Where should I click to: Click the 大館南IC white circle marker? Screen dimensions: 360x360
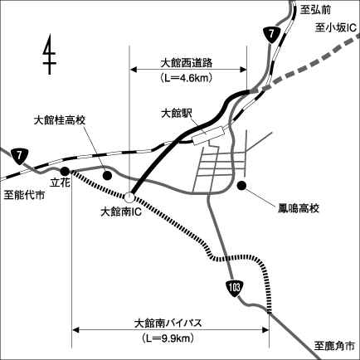click(x=129, y=197)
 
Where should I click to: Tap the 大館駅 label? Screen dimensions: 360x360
click(x=177, y=114)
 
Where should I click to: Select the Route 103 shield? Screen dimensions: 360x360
click(x=234, y=289)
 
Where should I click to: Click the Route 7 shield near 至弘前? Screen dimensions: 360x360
click(x=271, y=35)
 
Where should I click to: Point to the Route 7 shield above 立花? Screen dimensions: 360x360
click(x=20, y=156)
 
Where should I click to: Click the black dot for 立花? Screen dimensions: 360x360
click(x=65, y=172)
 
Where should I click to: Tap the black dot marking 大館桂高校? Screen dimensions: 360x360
click(x=107, y=175)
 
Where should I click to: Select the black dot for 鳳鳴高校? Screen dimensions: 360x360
click(x=242, y=185)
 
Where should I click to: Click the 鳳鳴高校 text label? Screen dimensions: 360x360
click(x=299, y=208)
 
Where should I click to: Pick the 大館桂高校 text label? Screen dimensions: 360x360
click(x=60, y=121)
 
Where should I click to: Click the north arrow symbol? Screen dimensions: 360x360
click(x=50, y=54)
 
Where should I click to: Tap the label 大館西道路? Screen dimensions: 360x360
click(x=187, y=63)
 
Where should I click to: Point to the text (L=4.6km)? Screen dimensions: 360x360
click(x=187, y=78)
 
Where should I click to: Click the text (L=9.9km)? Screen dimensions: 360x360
click(x=168, y=338)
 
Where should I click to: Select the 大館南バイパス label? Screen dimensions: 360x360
click(x=168, y=324)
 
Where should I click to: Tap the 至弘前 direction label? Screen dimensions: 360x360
click(x=315, y=10)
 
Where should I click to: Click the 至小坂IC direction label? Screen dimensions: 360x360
click(x=335, y=28)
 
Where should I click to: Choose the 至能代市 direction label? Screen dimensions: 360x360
click(x=24, y=196)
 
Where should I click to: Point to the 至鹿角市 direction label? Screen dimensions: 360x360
click(x=334, y=346)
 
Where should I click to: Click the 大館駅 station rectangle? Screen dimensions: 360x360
click(x=208, y=135)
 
